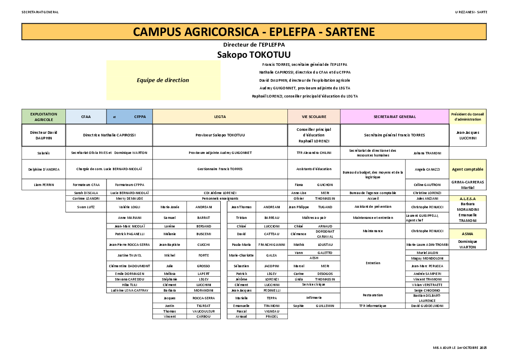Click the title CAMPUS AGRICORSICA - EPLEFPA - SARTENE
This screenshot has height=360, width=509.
254,32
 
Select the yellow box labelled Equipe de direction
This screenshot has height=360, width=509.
163,80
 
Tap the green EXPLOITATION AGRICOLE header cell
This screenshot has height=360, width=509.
44,117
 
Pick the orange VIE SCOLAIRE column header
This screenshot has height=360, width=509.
314,117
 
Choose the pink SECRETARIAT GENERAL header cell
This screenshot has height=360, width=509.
394,117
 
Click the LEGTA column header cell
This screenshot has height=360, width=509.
220,117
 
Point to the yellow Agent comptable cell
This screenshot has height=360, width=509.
468,169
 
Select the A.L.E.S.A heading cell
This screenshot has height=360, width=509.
468,199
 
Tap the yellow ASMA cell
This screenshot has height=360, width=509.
468,234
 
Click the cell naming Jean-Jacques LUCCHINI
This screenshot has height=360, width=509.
468,135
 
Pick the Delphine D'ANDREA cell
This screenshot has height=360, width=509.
44,169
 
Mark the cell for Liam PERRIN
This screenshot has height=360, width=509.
44,185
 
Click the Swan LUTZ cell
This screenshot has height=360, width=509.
86,207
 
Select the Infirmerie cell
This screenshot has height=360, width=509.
314,298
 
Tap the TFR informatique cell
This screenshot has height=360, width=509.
373,306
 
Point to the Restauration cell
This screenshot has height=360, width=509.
373,295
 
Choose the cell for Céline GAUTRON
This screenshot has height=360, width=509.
427,185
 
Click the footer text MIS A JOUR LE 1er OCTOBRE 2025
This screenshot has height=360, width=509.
460,348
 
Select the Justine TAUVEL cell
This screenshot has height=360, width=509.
129,255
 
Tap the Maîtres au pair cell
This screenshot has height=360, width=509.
314,218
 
